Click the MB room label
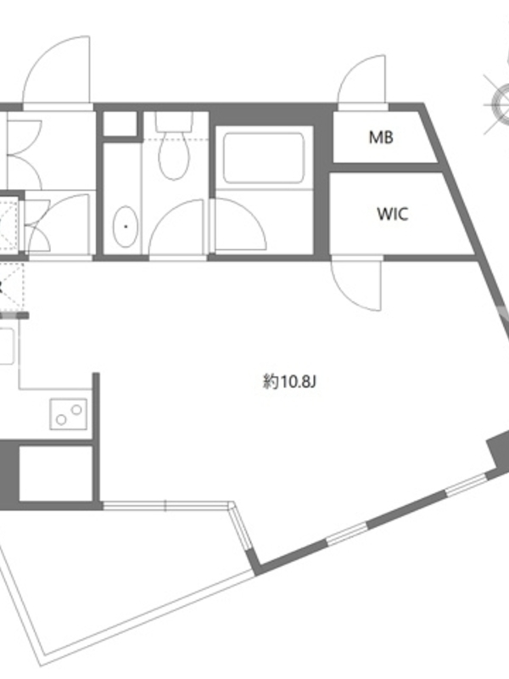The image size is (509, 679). [381, 137]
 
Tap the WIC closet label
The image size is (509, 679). [393, 214]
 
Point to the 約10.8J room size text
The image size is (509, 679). [290, 382]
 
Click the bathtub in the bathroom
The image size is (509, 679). [264, 158]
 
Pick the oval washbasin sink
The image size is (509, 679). [126, 227]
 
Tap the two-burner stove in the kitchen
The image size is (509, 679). [69, 414]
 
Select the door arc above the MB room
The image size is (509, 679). [362, 81]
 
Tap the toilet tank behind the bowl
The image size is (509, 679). [175, 121]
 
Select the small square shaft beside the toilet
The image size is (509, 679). [120, 123]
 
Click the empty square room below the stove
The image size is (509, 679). [56, 473]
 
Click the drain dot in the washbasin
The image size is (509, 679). [126, 227]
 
